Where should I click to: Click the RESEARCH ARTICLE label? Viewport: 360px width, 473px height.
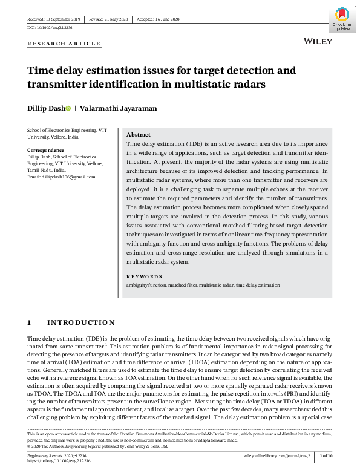[x=64, y=44]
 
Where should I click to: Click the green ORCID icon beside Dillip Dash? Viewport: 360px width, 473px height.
[x=68, y=108]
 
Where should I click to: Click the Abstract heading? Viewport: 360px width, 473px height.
[x=138, y=135]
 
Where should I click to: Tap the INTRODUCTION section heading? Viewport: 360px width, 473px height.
[x=80, y=322]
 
